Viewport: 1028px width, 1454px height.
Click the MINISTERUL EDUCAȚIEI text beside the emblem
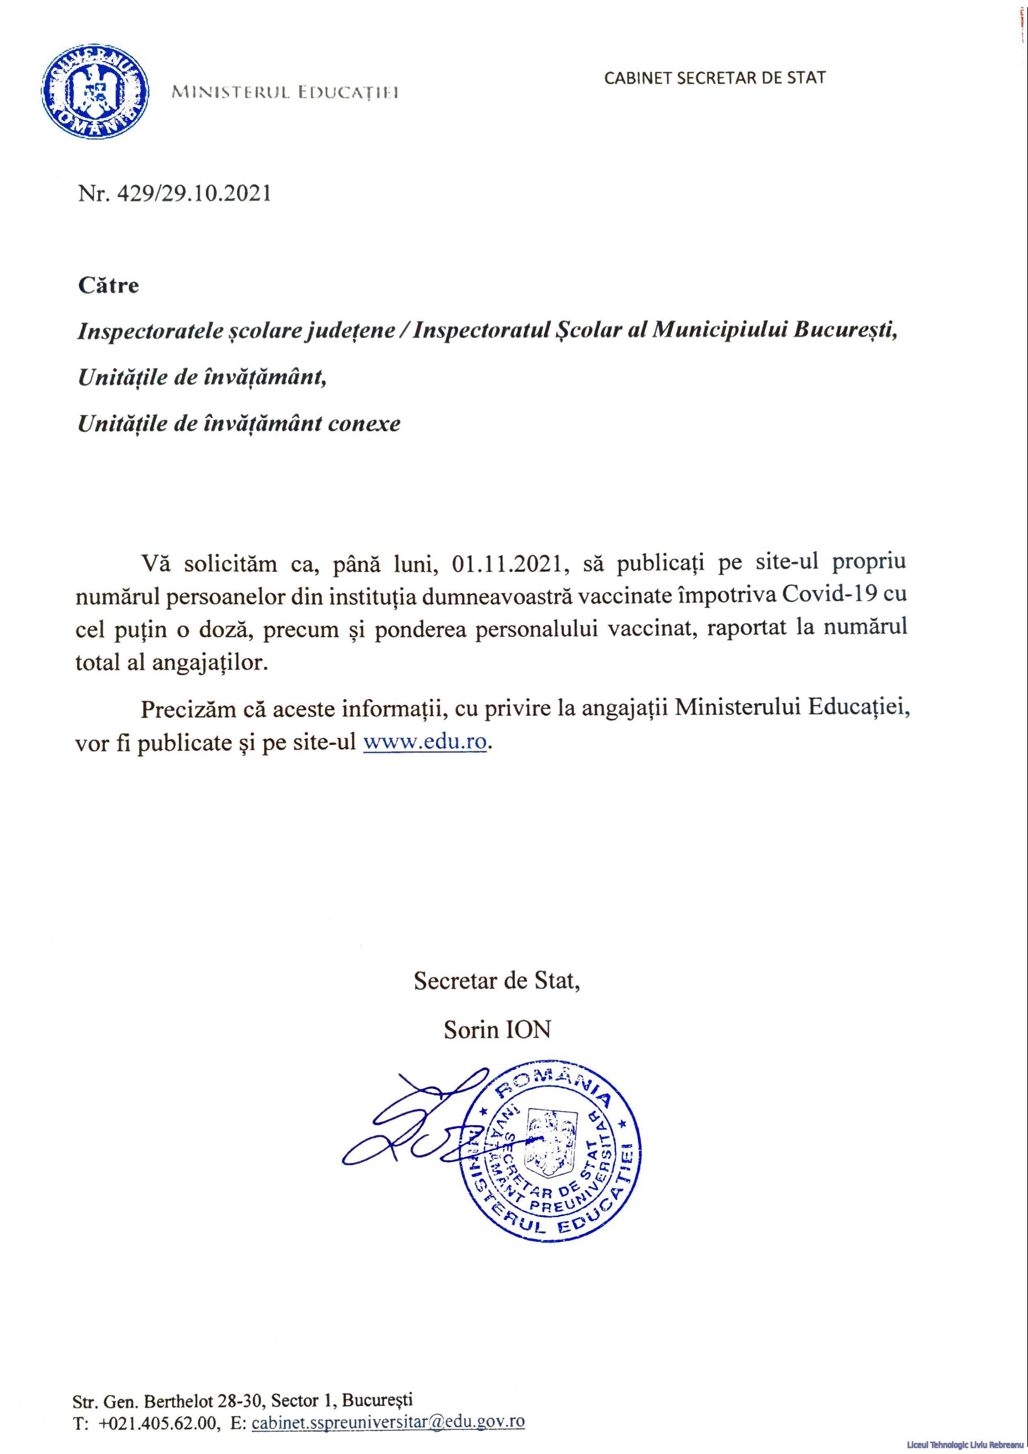285,94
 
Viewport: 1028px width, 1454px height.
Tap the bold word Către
108,285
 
